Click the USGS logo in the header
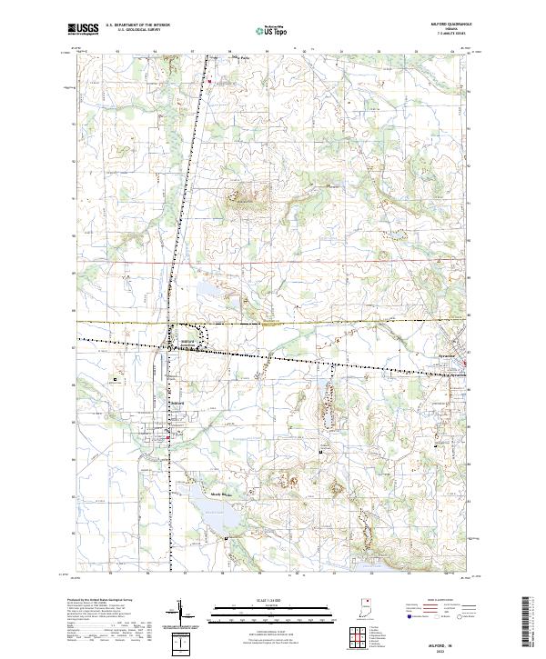[x=82, y=29]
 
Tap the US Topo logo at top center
[x=272, y=30]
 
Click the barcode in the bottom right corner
[x=535, y=623]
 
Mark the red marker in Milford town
[x=168, y=439]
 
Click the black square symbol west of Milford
[x=115, y=379]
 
